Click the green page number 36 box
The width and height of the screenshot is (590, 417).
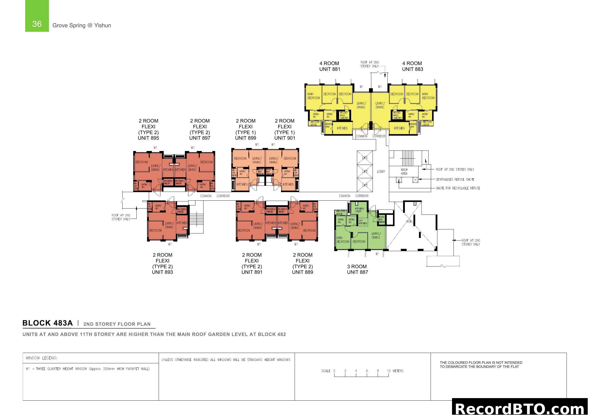click(37, 16)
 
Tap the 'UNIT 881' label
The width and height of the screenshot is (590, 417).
click(329, 69)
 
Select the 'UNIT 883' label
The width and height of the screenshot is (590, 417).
click(412, 69)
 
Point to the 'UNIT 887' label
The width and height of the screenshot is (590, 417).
click(357, 272)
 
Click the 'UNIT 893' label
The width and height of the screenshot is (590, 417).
click(162, 272)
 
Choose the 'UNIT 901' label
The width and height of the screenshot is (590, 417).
click(285, 138)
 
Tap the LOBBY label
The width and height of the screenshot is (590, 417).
click(381, 171)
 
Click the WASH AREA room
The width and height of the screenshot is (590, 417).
click(404, 171)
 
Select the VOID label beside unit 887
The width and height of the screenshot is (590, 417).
click(409, 221)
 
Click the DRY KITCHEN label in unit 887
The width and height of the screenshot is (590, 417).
click(362, 222)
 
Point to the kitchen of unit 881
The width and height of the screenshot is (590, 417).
click(342, 128)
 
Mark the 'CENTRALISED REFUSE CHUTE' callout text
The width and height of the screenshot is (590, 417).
click(455, 180)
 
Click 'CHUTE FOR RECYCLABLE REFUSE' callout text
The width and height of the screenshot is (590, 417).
click(457, 188)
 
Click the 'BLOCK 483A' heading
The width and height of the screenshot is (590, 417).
click(47, 323)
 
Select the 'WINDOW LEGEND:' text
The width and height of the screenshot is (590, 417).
click(41, 358)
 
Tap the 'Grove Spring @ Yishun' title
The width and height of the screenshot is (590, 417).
click(82, 25)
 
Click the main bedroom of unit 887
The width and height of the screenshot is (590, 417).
click(343, 240)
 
